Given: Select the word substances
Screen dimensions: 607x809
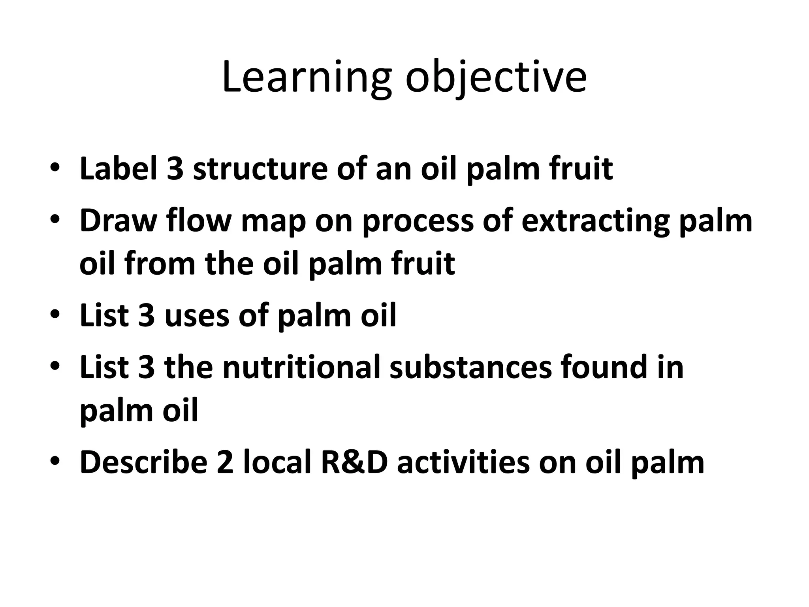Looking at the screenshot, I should point(470,367).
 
